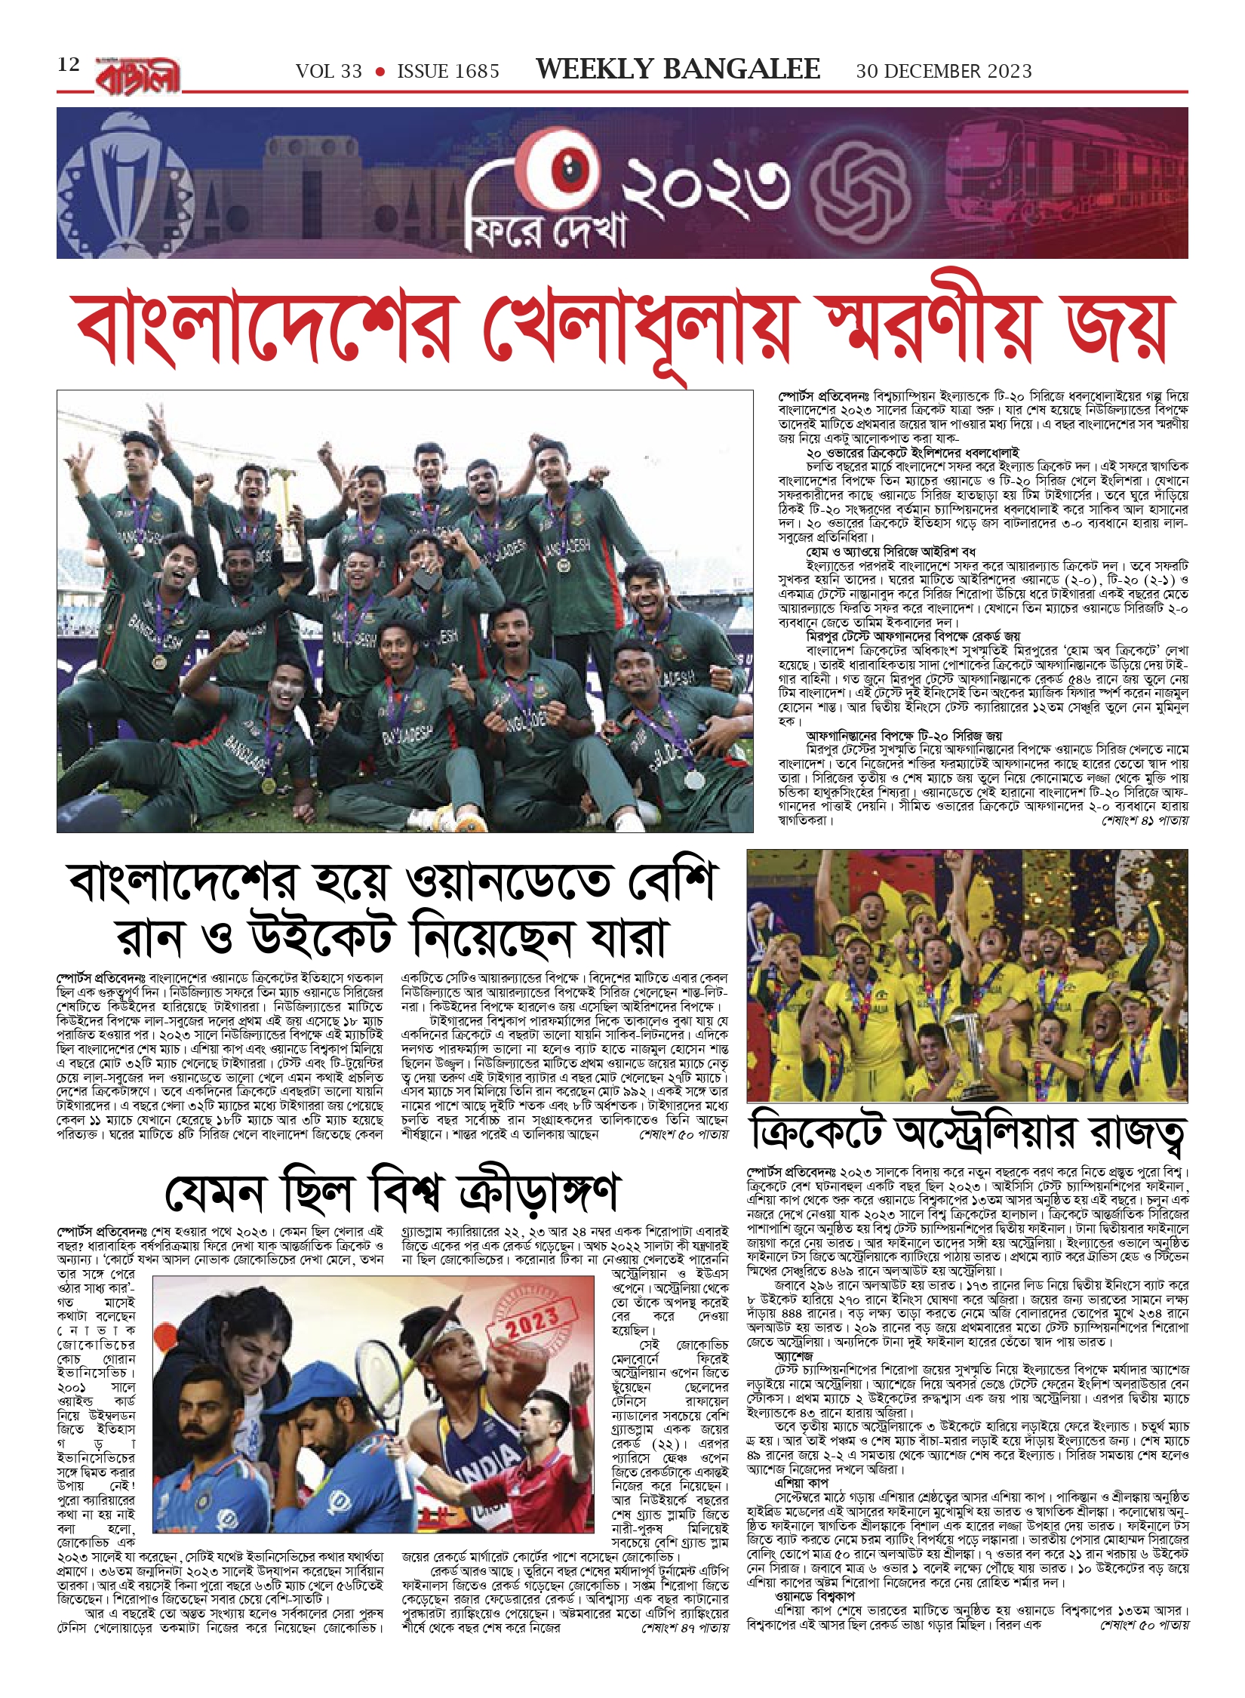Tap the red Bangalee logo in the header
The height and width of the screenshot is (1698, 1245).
pos(138,75)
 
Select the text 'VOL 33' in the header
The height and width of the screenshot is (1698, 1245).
pos(329,72)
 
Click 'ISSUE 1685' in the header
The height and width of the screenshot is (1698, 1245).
pos(448,72)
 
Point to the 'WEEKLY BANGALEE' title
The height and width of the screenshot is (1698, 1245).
pos(677,69)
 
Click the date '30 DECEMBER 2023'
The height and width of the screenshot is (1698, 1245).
pos(943,72)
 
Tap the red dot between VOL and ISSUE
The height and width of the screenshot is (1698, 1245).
pos(380,72)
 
